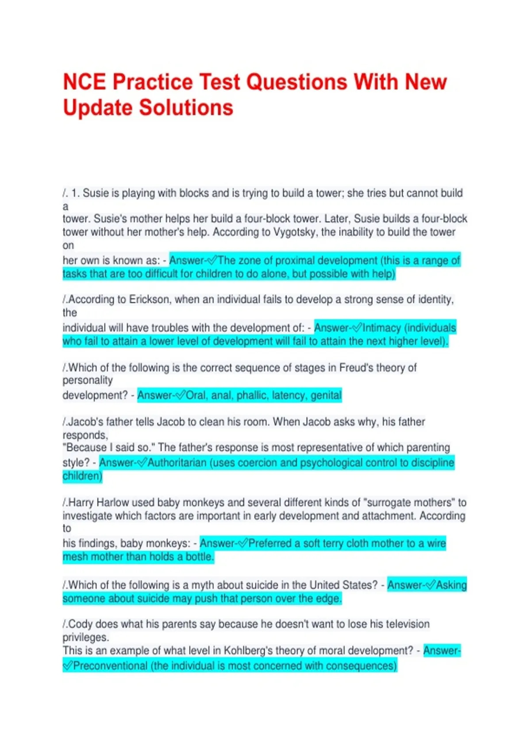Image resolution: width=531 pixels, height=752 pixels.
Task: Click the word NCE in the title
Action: (85, 82)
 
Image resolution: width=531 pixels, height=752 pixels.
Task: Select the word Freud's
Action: (356, 368)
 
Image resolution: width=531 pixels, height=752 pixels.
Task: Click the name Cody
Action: (81, 624)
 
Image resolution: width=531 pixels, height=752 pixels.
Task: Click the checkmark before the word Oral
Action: (181, 395)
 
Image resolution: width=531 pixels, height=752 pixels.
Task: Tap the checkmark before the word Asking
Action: (430, 585)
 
